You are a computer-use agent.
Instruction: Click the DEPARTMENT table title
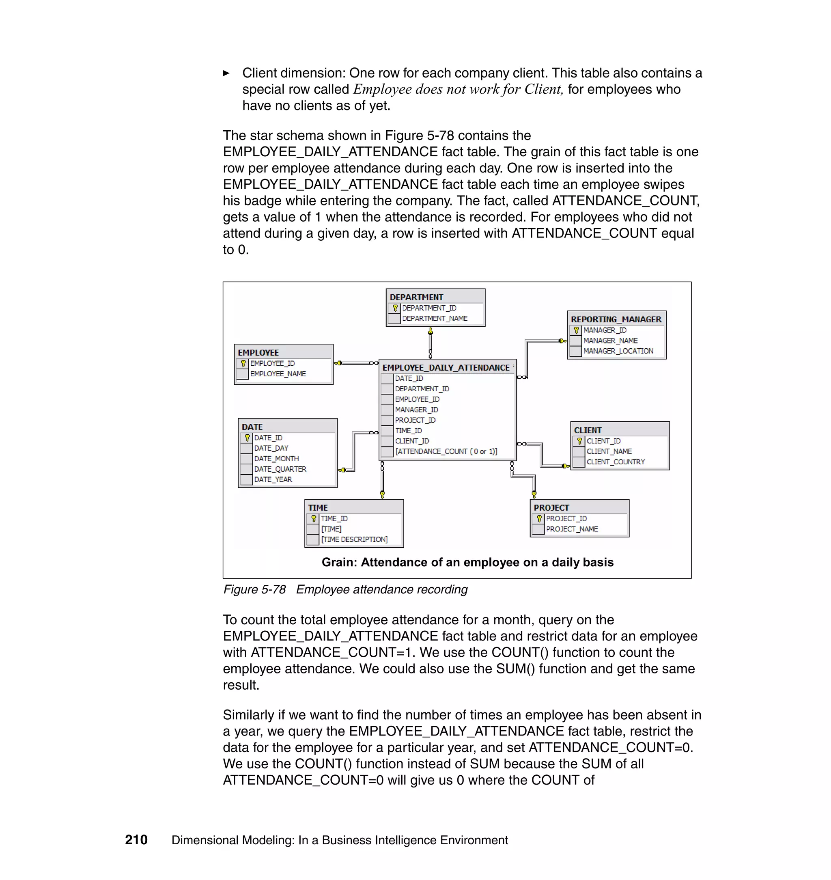point(416,297)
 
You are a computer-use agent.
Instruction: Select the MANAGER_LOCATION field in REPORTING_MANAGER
point(618,351)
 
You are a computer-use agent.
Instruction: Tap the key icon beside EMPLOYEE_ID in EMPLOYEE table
point(243,363)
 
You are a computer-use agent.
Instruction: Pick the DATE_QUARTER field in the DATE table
point(280,469)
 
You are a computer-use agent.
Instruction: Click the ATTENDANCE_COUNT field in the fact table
point(446,451)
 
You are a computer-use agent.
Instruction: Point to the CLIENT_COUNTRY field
point(616,462)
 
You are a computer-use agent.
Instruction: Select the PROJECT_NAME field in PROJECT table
point(572,529)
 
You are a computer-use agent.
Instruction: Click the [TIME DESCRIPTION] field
point(354,539)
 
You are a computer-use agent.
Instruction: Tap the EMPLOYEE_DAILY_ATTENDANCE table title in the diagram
point(446,368)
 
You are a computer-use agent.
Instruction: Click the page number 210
point(136,840)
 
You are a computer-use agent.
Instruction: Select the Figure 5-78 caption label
point(254,589)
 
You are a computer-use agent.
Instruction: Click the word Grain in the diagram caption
point(338,562)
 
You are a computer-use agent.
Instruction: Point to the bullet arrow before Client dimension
point(226,73)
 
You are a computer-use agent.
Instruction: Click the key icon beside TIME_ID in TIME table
point(314,518)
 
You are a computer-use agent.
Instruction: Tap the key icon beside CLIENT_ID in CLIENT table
point(579,441)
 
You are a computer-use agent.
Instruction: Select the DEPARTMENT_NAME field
point(435,319)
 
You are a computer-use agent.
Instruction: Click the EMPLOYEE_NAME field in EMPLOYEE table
point(278,374)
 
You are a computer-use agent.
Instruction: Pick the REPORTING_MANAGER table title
point(616,319)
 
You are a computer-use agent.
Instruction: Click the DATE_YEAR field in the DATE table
point(273,479)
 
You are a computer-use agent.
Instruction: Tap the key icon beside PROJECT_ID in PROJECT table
point(539,518)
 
